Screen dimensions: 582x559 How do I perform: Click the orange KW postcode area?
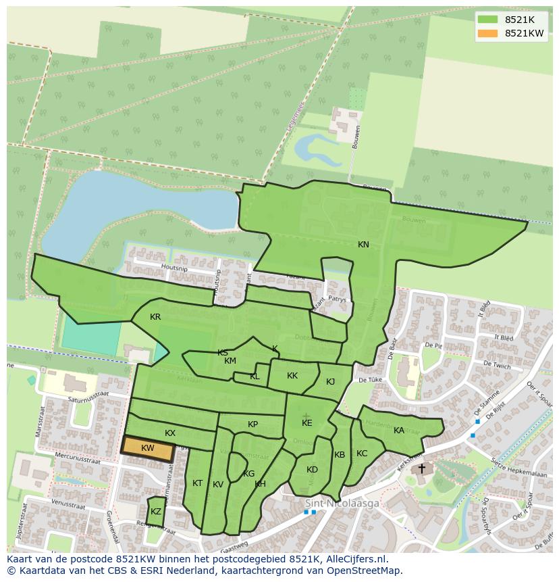point(148,448)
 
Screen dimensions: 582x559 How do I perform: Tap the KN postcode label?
point(363,245)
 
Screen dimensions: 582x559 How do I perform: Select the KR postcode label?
point(155,317)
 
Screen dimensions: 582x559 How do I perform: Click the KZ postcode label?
point(156,512)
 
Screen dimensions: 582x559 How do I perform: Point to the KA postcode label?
point(399,431)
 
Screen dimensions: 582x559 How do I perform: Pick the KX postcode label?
point(170,433)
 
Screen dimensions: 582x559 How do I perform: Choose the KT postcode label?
point(198,483)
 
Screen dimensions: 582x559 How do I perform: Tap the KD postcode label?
point(312,470)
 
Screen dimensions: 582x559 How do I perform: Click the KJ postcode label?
point(330,382)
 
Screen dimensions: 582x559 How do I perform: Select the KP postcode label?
point(252,425)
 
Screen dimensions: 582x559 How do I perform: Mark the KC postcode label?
point(362,454)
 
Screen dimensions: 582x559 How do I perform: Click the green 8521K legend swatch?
point(487,20)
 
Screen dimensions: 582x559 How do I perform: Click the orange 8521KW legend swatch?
point(487,33)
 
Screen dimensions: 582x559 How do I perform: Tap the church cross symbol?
point(422,468)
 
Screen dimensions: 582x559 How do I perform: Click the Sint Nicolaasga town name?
point(342,504)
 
